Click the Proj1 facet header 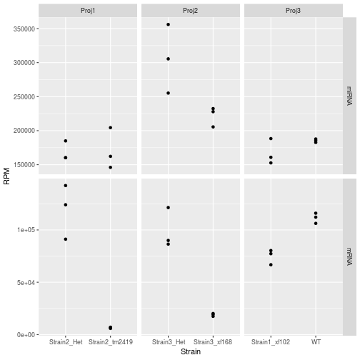click(88, 10)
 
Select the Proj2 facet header click(191, 10)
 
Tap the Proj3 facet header click(294, 10)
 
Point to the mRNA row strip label click(349, 256)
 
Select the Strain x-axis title click(191, 352)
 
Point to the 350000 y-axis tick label click(21, 29)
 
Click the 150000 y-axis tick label click(21, 165)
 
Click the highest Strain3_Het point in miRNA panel click(168, 24)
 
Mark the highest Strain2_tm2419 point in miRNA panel click(111, 128)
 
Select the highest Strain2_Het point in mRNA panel click(66, 186)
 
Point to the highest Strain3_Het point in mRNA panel click(168, 208)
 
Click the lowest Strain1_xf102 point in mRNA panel click(271, 265)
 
